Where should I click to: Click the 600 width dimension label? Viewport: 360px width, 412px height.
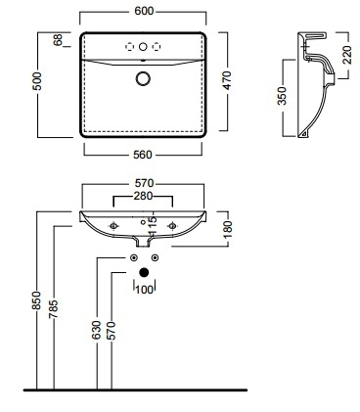point(144,11)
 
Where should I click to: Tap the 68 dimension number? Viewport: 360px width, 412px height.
point(58,40)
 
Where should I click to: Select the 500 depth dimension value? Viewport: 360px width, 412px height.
point(38,81)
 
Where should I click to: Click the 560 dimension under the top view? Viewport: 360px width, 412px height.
point(143,155)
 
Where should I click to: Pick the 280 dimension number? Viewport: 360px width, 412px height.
point(143,196)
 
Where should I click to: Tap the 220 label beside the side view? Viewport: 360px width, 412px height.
point(347,55)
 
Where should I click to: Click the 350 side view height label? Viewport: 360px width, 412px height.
point(282,96)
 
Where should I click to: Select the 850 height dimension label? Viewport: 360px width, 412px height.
point(36,300)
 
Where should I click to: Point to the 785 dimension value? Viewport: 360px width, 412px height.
point(53,309)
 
